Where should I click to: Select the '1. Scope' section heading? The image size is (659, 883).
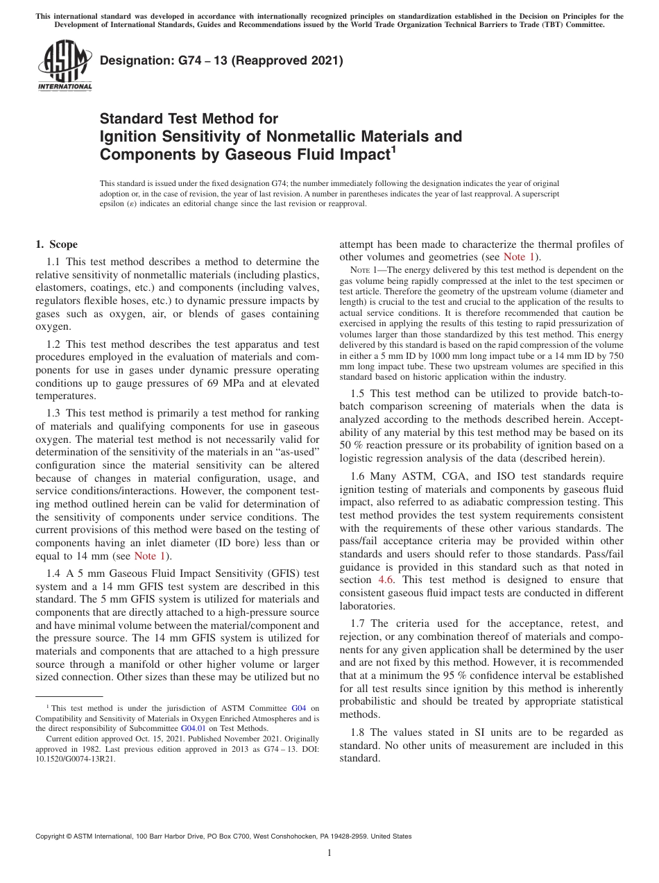[56, 244]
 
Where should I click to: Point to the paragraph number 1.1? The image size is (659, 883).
[54, 262]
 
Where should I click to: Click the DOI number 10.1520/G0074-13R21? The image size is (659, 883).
[76, 759]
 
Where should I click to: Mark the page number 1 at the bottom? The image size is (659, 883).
[329, 853]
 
